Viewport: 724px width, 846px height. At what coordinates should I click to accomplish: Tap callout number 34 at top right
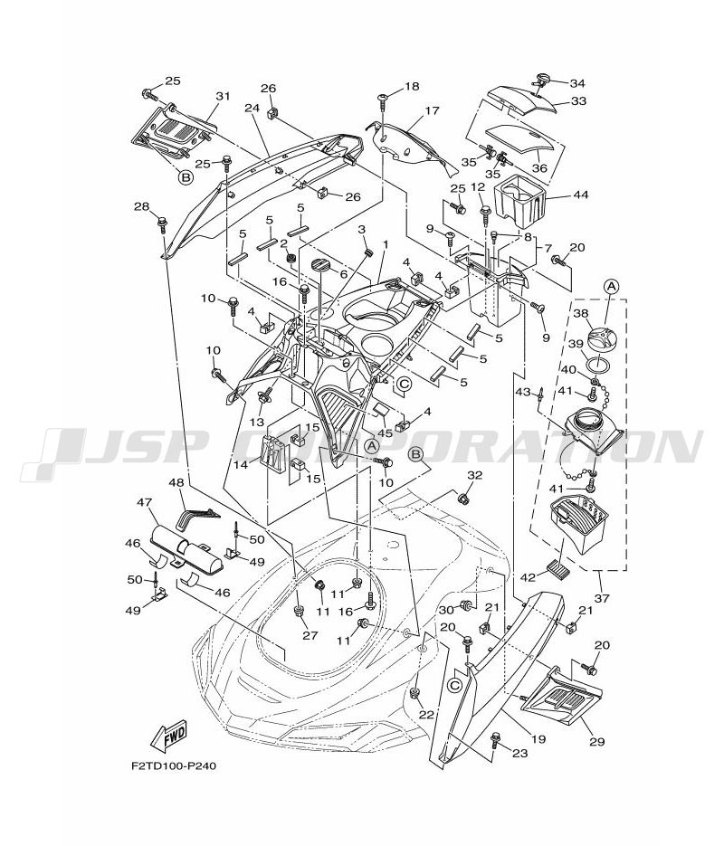[576, 83]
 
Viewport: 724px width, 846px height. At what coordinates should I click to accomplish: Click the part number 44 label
[579, 195]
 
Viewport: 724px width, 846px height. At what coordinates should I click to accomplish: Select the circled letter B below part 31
[185, 178]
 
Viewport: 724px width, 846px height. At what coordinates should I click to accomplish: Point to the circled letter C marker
[405, 384]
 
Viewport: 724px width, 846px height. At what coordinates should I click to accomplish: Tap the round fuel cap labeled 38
[598, 339]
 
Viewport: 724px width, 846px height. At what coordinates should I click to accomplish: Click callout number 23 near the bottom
[519, 751]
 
